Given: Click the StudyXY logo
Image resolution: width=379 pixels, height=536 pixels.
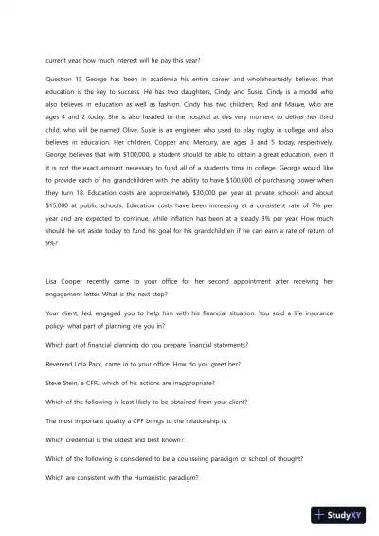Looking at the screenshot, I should (342, 516).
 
